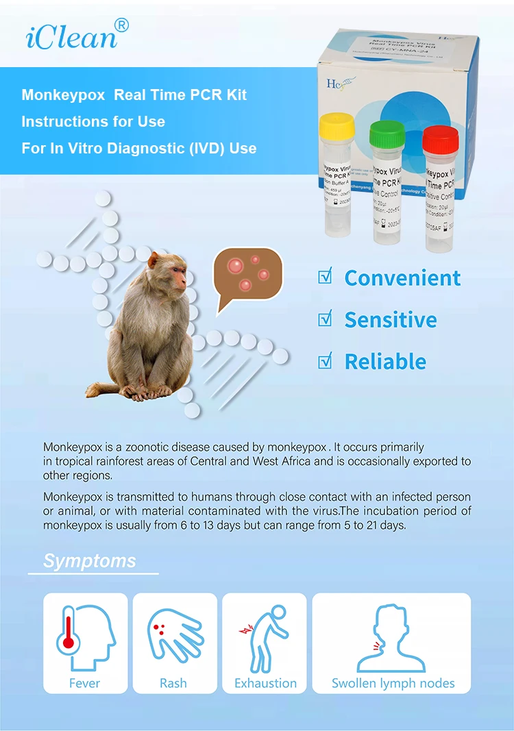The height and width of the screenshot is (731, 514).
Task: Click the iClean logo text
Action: pyautogui.click(x=72, y=36)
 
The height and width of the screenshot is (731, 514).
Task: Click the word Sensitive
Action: pyautogui.click(x=390, y=320)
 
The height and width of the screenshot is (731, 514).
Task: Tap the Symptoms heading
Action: pyautogui.click(x=89, y=561)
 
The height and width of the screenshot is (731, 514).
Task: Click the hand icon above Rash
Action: pyautogui.click(x=171, y=637)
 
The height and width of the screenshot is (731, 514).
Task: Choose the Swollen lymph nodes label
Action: pyautogui.click(x=393, y=683)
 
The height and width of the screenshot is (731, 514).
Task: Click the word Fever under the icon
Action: pyautogui.click(x=84, y=683)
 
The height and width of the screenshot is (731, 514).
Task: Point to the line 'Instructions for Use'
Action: pyautogui.click(x=93, y=122)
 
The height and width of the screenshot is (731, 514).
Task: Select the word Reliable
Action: pyautogui.click(x=385, y=362)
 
